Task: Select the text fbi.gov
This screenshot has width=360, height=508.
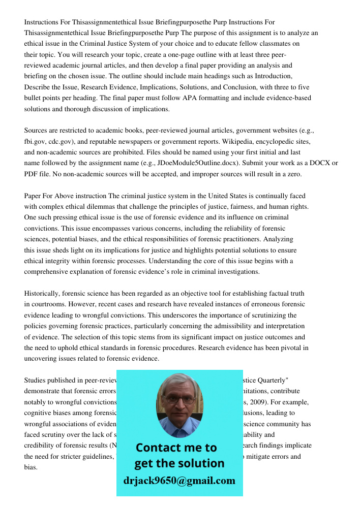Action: pos(36,141)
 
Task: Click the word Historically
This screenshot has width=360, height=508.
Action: pos(42,294)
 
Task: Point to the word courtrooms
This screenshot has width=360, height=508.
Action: pos(50,304)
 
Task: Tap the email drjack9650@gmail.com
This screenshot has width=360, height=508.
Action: pos(179,481)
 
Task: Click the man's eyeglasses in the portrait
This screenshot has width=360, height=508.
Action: pos(178,399)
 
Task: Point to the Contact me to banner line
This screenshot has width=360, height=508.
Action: pos(176,448)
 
